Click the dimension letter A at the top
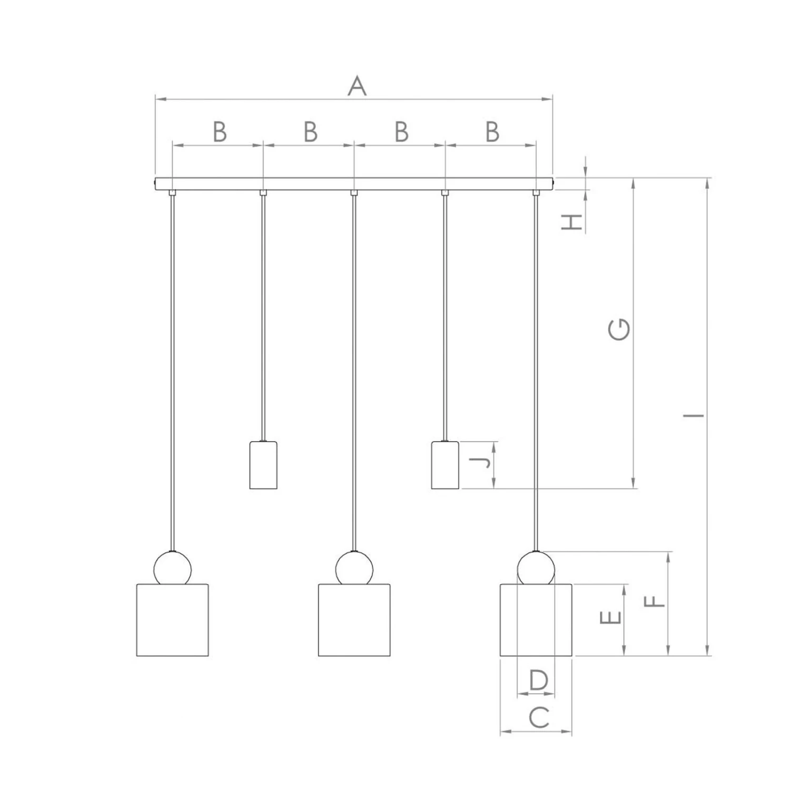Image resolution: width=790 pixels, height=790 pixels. [x=357, y=86]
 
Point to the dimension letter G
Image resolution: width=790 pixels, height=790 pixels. [x=619, y=330]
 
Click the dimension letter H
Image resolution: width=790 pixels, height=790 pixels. [x=571, y=222]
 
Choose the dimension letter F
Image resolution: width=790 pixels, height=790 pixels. [x=655, y=601]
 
